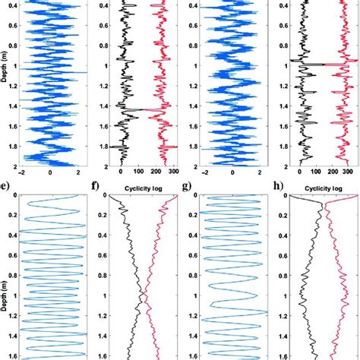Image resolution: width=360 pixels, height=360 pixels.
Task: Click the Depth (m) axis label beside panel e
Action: tap(5, 293)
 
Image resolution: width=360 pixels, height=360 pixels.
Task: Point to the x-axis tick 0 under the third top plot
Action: tap(229, 172)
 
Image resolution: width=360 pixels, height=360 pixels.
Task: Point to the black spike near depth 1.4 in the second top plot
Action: tap(137, 112)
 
